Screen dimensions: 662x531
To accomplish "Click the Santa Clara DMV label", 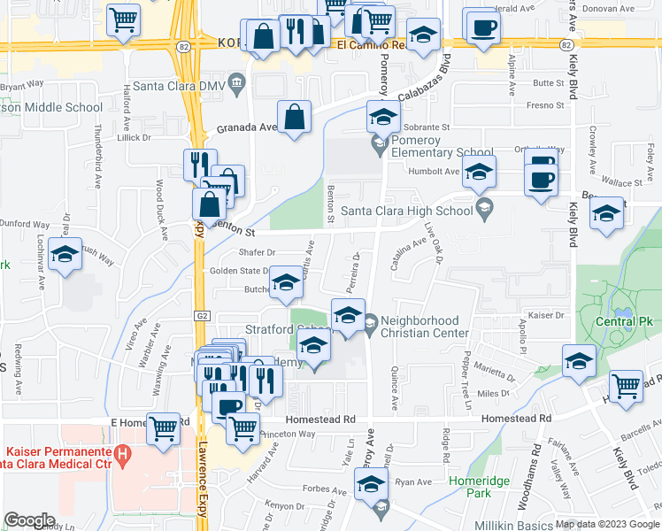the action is [184, 85].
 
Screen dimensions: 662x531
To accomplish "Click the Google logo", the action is [29, 519].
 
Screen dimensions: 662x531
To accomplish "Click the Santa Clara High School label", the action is [406, 211].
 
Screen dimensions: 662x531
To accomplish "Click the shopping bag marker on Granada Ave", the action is [294, 117].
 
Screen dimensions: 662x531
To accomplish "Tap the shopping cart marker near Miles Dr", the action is [626, 385].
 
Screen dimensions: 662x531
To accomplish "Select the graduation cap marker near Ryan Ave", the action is [371, 483].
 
